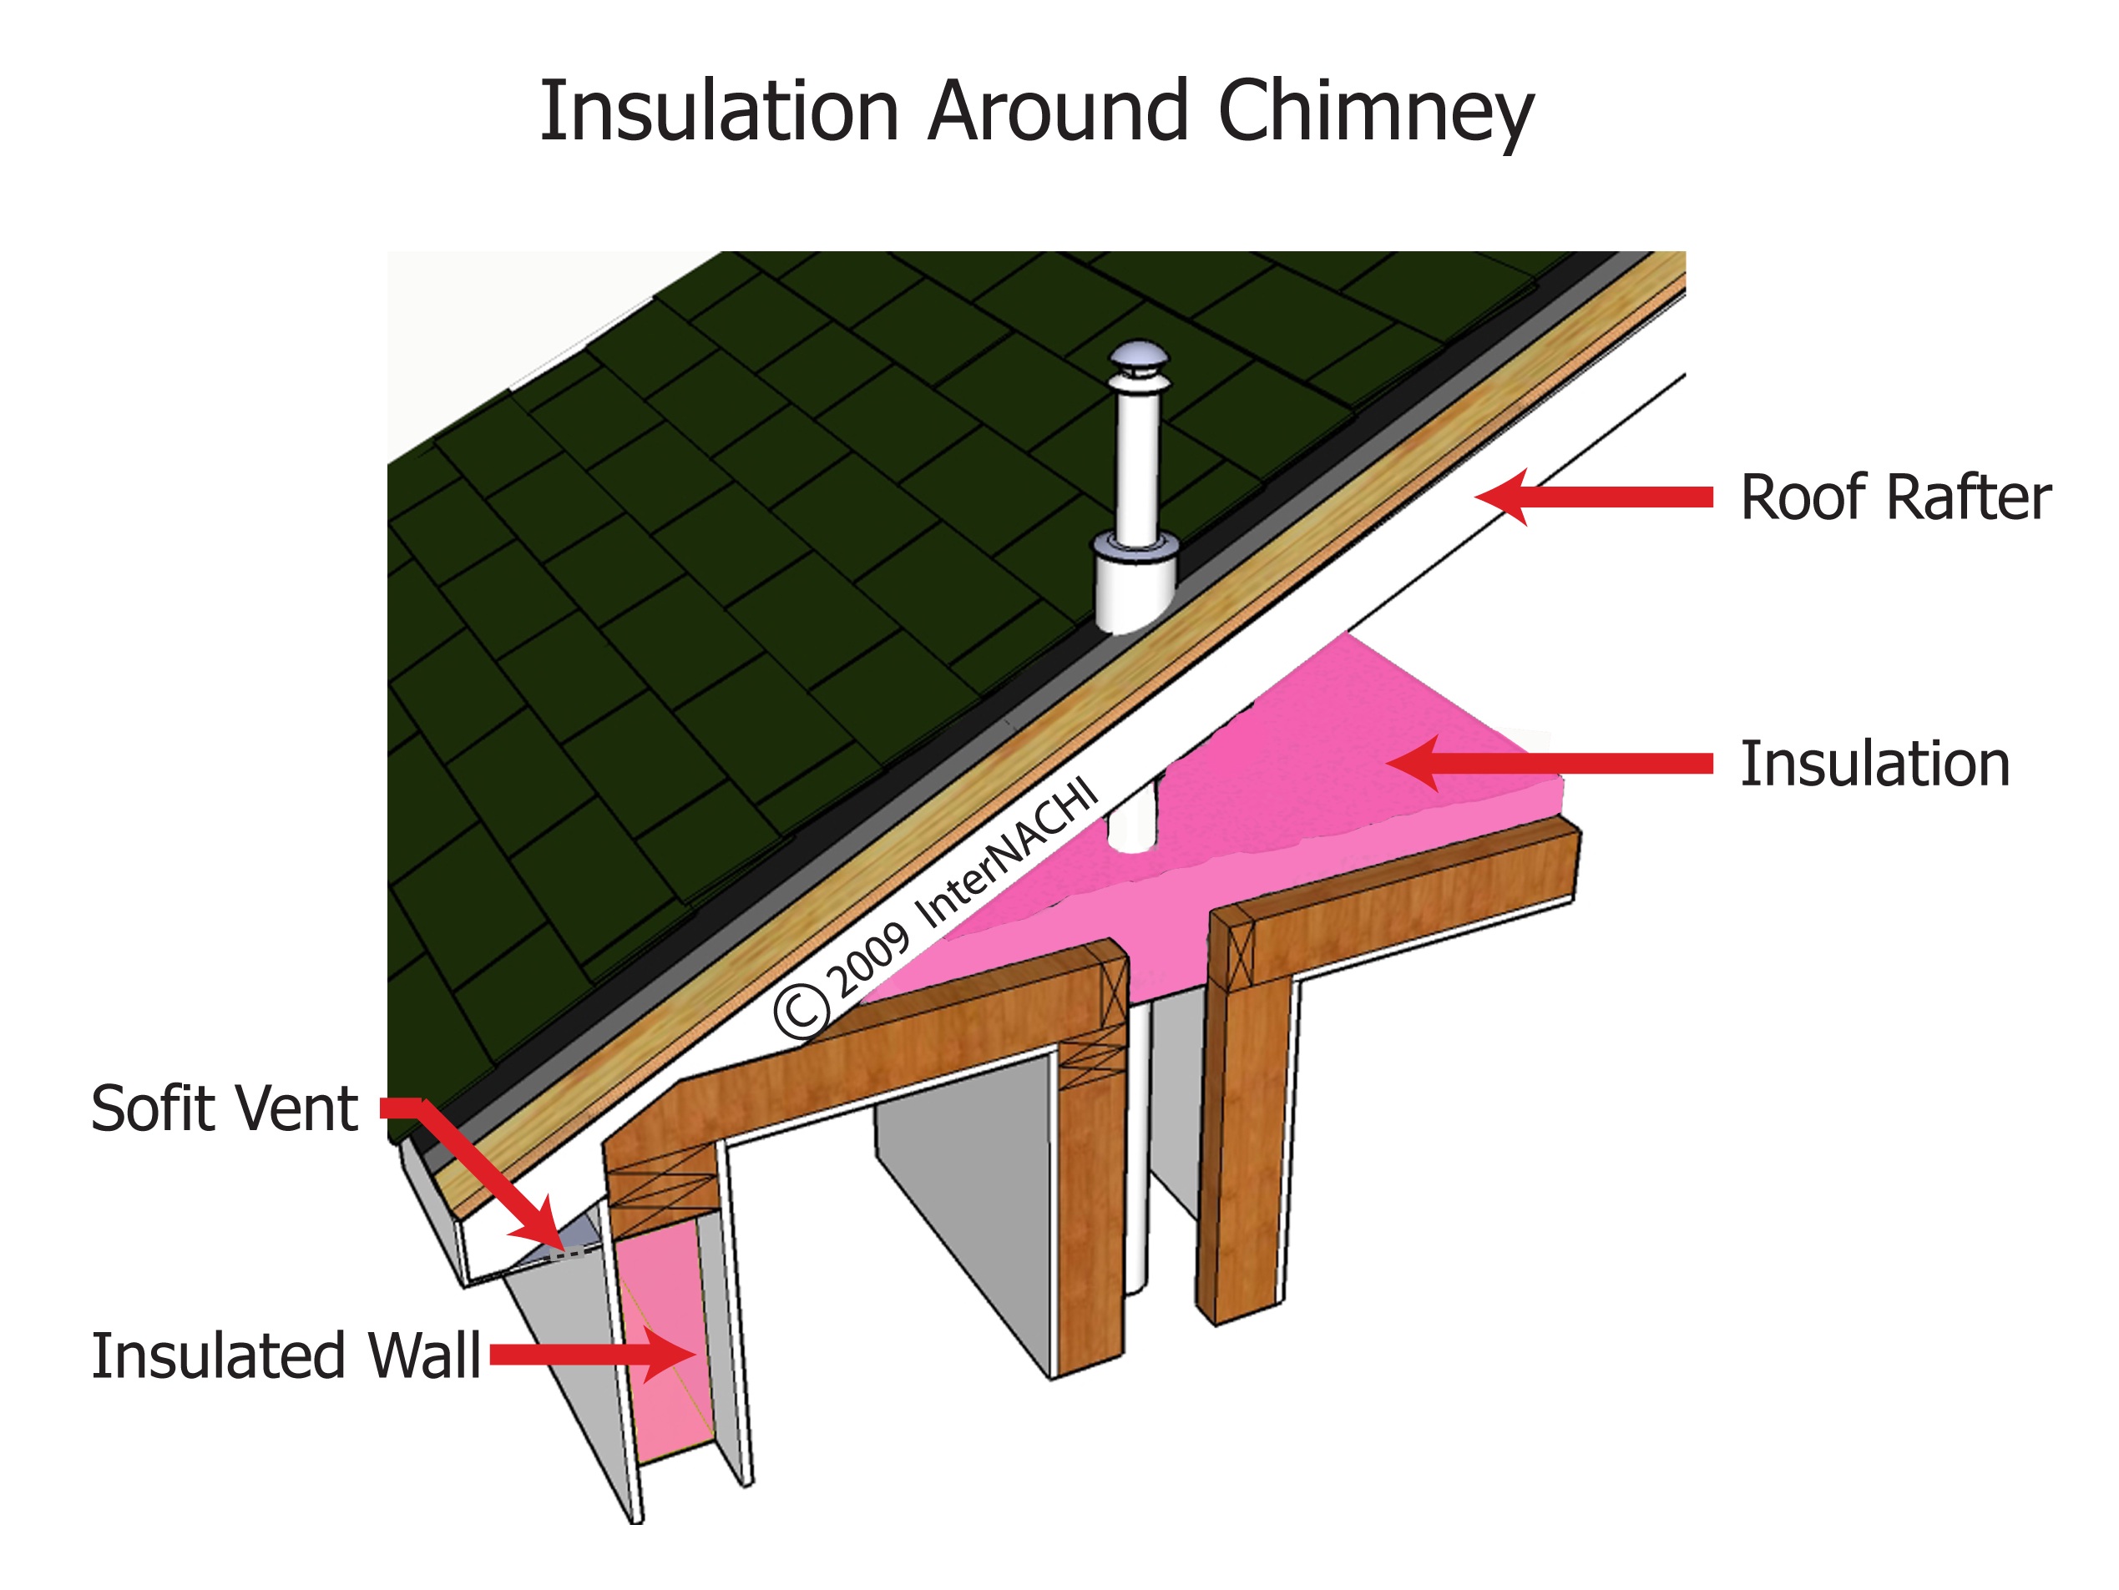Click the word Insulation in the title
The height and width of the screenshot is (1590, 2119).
click(x=720, y=112)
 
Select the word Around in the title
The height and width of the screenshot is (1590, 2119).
click(x=1059, y=112)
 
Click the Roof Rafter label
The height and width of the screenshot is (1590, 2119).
click(x=1895, y=498)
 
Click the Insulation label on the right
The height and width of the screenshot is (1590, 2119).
click(x=1874, y=765)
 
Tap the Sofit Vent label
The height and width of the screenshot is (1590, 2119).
click(x=224, y=1109)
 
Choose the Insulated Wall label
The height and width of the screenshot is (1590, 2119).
click(x=286, y=1356)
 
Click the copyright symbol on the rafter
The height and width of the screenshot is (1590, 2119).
click(x=801, y=1012)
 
